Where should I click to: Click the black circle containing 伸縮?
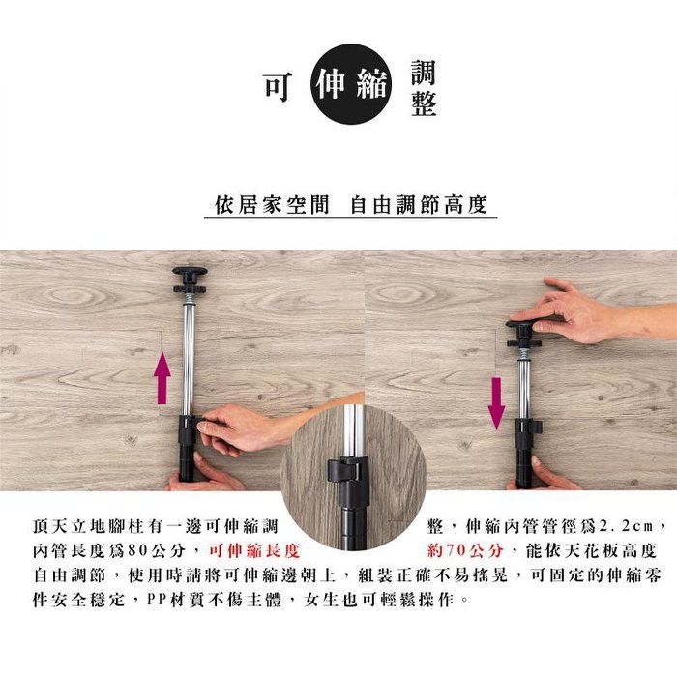(x=350, y=84)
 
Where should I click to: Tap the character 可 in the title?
(x=279, y=86)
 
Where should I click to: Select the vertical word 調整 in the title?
(x=424, y=88)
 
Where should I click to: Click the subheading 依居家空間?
(x=272, y=205)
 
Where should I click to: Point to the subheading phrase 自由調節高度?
(x=419, y=205)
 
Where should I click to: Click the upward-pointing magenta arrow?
(x=162, y=377)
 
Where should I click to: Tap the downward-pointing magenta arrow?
(x=496, y=403)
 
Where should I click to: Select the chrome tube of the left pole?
(x=189, y=359)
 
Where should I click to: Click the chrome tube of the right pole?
(x=524, y=390)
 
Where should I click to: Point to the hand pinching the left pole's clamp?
(x=242, y=429)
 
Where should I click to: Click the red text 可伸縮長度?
(x=254, y=550)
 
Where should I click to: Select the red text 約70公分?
(x=466, y=550)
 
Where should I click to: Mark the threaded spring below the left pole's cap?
(x=189, y=298)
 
